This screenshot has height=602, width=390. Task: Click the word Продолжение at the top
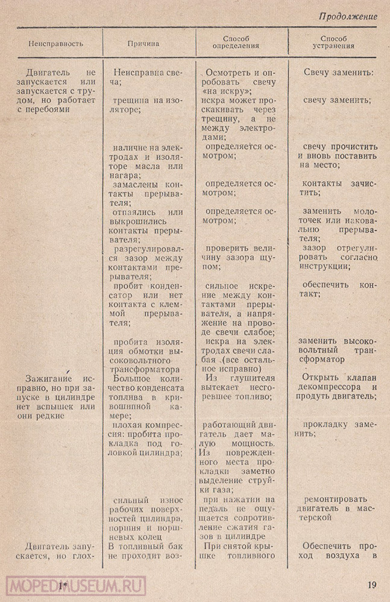(x=348, y=16)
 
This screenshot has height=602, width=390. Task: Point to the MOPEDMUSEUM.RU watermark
(x=75, y=585)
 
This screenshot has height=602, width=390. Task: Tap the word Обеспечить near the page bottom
(x=326, y=545)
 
